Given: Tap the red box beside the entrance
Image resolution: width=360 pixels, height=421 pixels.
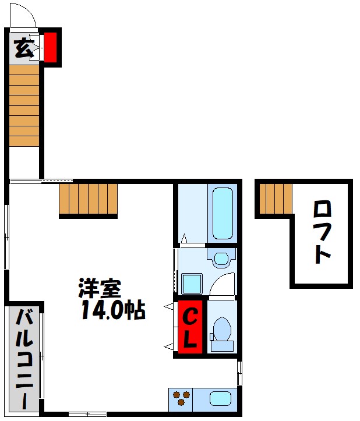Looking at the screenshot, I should pos(51,47).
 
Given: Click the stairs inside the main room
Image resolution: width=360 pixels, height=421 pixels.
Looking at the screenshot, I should pos(89,199).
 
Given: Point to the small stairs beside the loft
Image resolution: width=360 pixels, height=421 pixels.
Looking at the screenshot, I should pos(275,199).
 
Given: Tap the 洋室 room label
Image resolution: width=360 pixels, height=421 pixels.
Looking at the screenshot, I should pos(100,289).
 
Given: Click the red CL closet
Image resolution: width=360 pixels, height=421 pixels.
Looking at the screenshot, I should pos(190,327).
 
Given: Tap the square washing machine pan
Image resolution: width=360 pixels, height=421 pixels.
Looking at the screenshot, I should pos(192,284).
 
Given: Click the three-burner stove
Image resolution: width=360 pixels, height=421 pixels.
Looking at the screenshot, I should pos(181,399).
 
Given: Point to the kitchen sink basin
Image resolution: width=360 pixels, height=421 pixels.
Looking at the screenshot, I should pos(220,399).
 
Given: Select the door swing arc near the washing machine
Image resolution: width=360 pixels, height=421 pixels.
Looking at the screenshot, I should pos(223,285).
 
